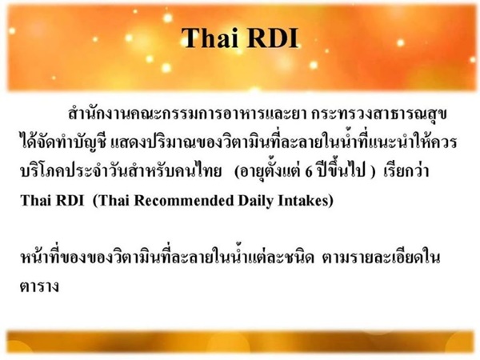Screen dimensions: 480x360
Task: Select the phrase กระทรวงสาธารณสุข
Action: [379, 114]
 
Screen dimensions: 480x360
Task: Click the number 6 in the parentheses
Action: [309, 171]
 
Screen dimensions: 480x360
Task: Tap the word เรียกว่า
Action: [406, 170]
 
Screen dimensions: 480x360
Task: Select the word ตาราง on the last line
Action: [39, 286]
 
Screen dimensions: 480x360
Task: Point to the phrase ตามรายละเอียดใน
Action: [381, 257]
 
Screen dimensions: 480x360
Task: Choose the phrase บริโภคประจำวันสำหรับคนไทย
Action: [121, 170]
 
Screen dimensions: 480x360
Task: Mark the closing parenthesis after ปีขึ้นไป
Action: [373, 171]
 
